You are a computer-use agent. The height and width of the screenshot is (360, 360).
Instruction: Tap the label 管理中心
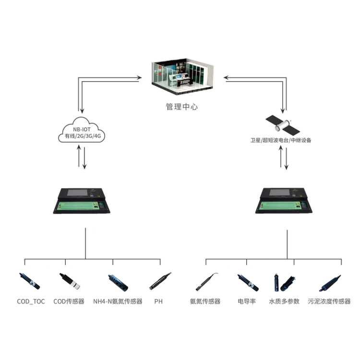coord(181,107)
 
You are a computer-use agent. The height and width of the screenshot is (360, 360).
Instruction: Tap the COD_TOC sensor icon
coord(29,281)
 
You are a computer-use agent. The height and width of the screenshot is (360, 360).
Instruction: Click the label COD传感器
coord(69,301)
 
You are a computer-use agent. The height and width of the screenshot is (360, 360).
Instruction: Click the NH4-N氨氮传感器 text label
coord(118,301)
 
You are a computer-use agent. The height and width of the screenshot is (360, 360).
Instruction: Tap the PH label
coord(158,301)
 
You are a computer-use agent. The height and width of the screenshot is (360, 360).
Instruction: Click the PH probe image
coord(160,280)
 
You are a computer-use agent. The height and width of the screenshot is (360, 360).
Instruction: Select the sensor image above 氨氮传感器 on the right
coord(207,281)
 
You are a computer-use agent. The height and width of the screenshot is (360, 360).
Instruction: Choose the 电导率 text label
coord(247,301)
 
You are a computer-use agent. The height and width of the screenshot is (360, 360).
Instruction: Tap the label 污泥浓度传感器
coord(329,301)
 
